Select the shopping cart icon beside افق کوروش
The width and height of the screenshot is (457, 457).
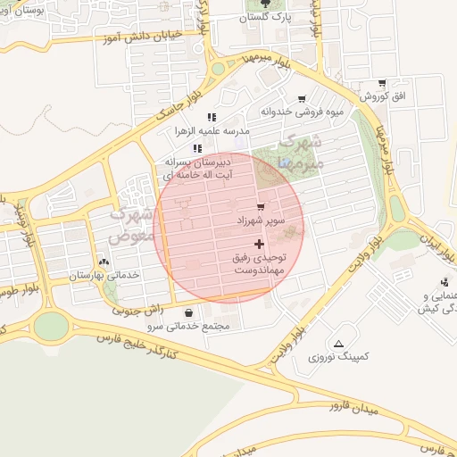click(382, 83)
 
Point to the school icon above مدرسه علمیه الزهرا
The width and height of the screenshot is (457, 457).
click(212, 117)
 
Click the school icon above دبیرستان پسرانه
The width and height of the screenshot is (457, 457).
click(197, 149)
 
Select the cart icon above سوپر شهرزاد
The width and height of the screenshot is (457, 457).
click(261, 206)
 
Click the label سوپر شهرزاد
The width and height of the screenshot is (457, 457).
click(267, 220)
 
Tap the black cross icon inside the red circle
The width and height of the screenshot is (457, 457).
click(260, 244)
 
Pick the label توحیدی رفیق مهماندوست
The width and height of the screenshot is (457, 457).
click(259, 263)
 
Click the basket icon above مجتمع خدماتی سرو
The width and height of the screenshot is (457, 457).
click(190, 312)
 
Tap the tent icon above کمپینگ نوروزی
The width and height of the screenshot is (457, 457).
click(338, 344)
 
